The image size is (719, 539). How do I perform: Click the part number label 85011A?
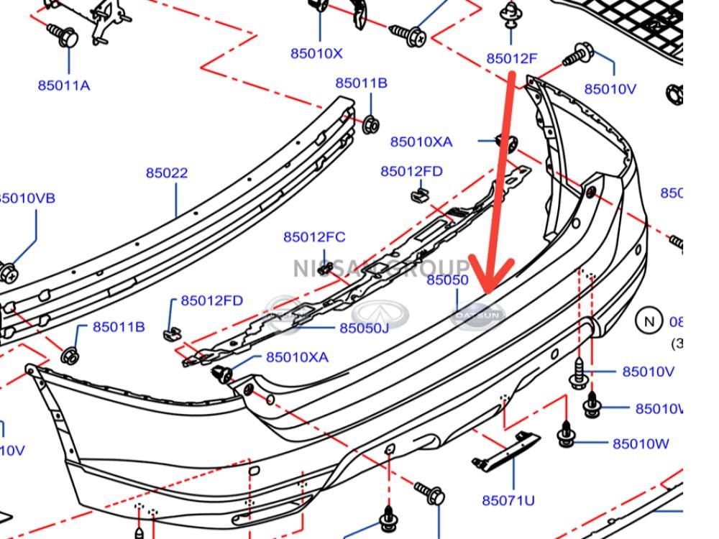pos(64,86)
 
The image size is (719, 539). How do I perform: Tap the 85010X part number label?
pos(316,53)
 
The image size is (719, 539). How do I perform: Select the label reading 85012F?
pos(512,59)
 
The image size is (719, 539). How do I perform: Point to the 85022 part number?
pos(167,173)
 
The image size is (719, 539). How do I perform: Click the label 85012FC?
pos(314,237)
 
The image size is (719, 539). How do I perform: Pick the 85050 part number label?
pos(447,280)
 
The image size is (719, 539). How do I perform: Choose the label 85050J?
pos(364,328)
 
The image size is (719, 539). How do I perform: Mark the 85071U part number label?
pos(508,500)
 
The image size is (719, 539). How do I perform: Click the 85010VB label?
pos(26,198)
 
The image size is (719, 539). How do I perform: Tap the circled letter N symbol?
pos(649,321)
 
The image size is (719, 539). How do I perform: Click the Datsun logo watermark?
pos(478,315)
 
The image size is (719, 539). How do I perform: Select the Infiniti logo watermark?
pos(380,315)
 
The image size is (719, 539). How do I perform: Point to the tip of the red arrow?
pos(489,291)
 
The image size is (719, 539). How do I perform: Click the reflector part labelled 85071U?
pos(506,451)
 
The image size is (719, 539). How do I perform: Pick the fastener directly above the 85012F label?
pos(511,14)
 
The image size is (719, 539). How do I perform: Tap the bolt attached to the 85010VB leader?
pos(9,272)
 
